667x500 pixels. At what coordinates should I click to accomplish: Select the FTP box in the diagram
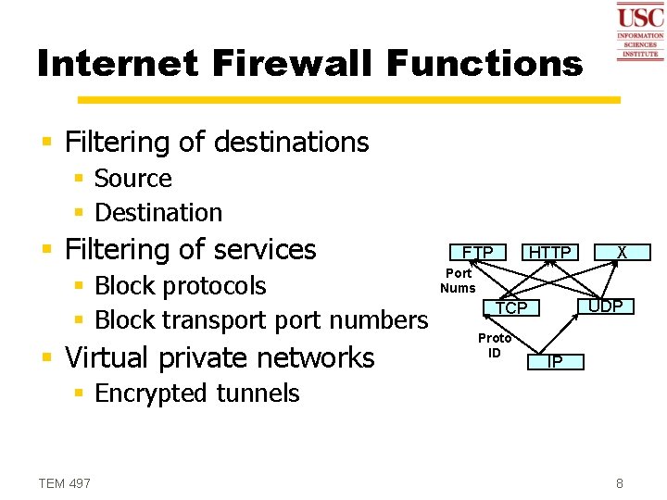pos(478,252)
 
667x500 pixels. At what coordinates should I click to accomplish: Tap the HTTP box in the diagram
pos(549,252)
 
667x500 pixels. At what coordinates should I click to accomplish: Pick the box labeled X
pos(622,252)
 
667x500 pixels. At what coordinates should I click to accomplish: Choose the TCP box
pos(510,307)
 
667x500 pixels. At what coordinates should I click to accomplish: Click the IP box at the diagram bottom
pos(554,361)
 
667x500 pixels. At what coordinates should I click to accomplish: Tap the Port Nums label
pos(458,281)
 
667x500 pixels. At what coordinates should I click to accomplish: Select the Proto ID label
pos(495,345)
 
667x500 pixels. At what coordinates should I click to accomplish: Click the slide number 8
pos(619,482)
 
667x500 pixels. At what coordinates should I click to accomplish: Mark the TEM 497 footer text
pos(65,482)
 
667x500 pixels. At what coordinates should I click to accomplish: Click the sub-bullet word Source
pos(133,178)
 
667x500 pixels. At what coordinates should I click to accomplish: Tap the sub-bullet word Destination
pos(158,212)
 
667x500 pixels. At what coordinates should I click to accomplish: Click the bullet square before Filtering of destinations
pos(48,143)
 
